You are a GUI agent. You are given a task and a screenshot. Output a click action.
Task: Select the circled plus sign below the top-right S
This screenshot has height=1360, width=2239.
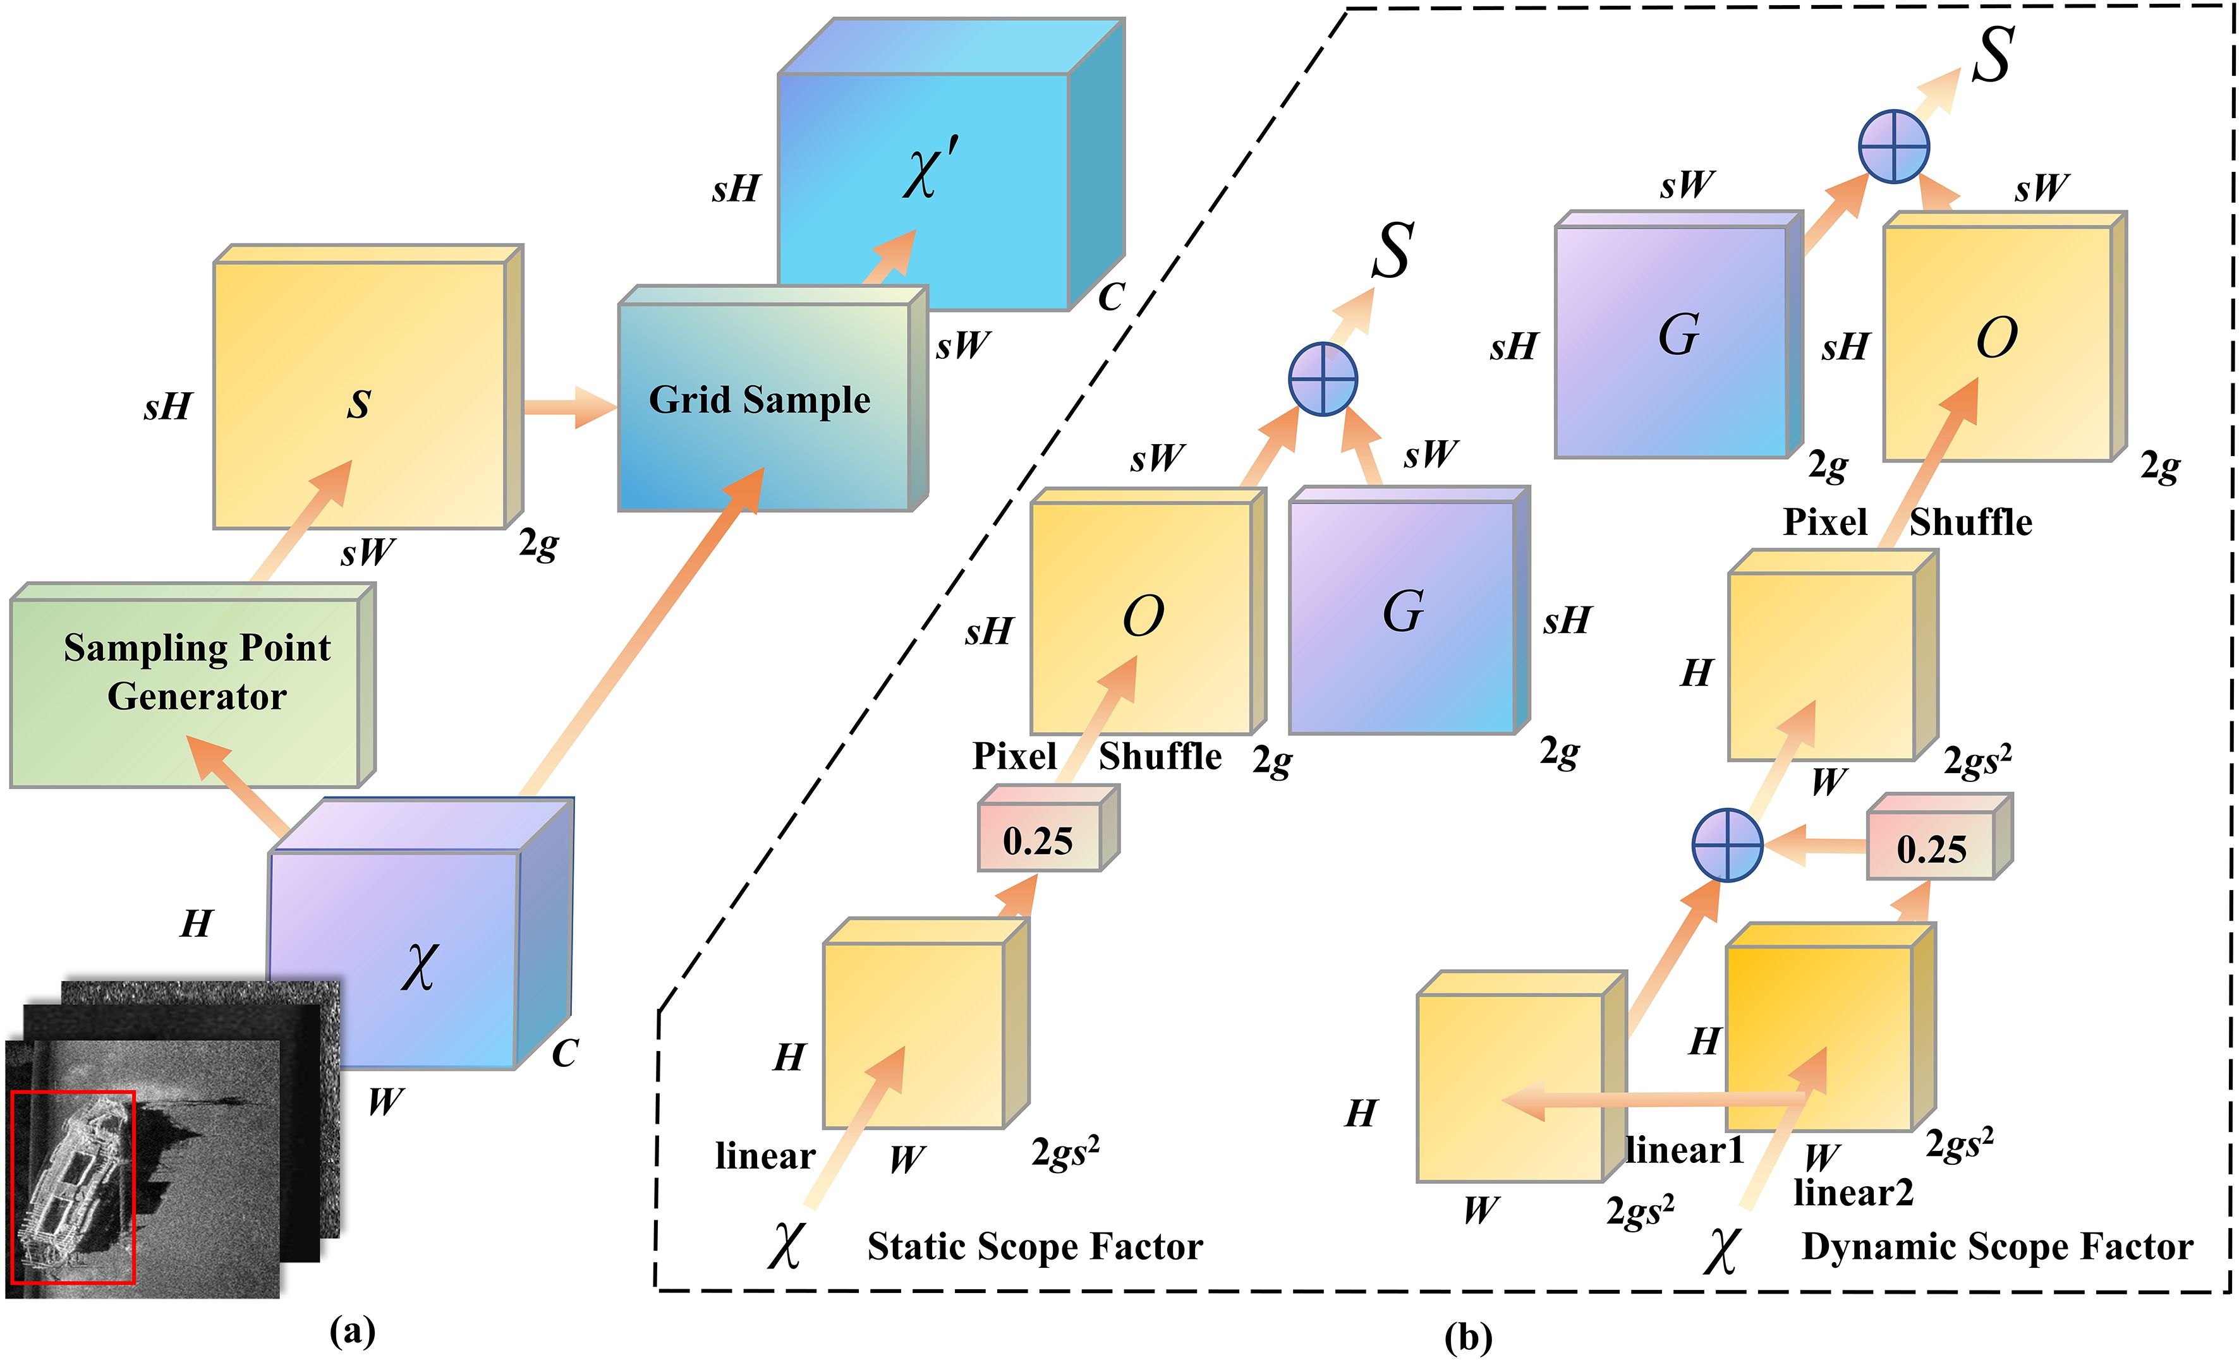1894,147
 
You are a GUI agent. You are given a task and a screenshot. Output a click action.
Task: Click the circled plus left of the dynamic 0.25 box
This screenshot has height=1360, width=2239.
1727,845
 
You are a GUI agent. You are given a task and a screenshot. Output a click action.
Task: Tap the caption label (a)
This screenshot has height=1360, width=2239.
353,1332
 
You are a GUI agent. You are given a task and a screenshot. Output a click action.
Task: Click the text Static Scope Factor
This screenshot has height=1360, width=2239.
1034,1246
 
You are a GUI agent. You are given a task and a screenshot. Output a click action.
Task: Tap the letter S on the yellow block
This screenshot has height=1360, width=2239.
359,405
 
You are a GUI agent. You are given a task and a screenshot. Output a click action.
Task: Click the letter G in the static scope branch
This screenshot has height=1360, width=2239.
1402,612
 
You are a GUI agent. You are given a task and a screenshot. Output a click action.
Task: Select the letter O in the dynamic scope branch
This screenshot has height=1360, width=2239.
1996,338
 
